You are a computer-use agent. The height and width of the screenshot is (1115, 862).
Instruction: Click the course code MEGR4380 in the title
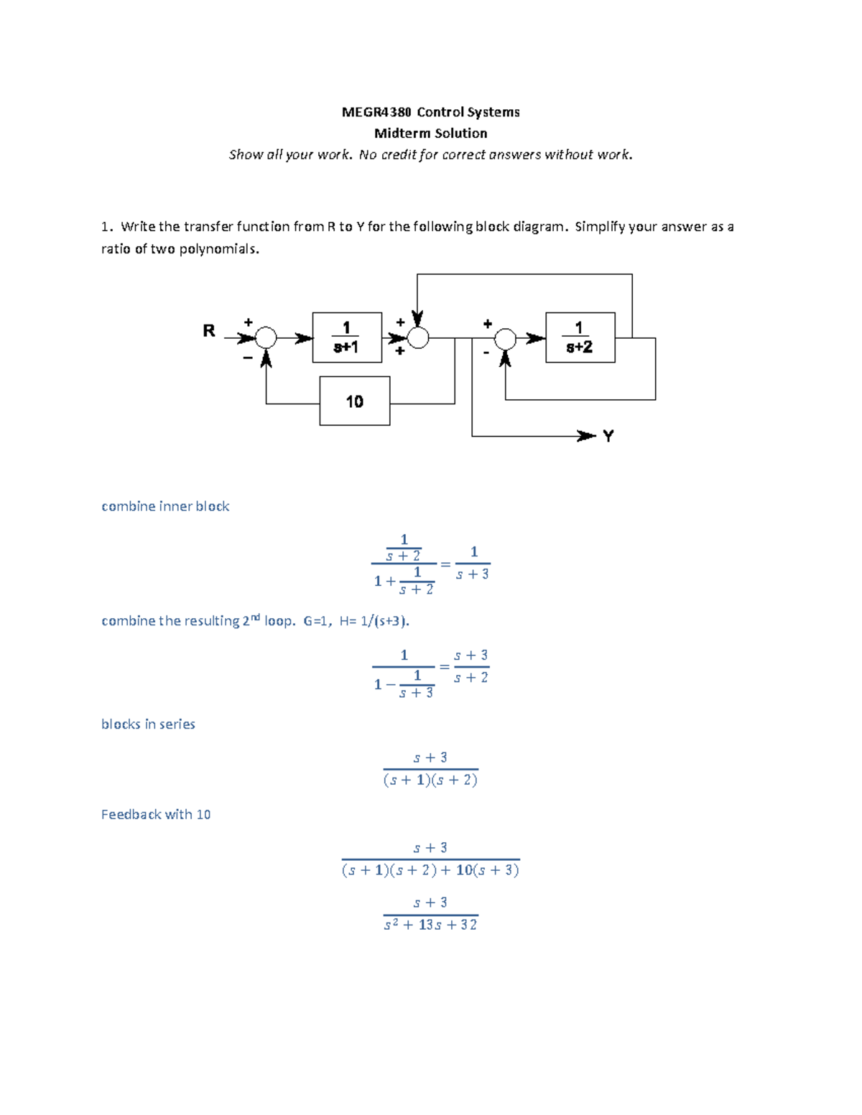376,112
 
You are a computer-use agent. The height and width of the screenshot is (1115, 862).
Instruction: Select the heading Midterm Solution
430,134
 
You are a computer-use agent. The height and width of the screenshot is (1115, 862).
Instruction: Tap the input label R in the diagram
208,331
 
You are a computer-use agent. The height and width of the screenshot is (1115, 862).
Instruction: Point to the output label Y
608,437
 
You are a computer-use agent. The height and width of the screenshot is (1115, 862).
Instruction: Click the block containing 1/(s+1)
347,337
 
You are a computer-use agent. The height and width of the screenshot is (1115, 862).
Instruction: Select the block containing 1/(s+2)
580,337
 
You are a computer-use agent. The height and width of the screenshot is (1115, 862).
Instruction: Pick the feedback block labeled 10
355,401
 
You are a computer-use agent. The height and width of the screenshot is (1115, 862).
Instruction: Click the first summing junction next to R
267,337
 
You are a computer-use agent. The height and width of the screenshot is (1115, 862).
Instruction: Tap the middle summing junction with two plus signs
418,337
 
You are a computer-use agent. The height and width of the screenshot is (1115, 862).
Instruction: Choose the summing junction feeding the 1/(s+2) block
506,337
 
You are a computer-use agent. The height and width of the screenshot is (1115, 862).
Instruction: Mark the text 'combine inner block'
165,507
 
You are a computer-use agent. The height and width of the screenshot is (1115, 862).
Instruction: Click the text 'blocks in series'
148,724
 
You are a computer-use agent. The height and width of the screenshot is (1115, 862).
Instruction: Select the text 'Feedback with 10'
156,815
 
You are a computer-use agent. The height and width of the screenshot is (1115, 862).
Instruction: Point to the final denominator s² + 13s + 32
430,925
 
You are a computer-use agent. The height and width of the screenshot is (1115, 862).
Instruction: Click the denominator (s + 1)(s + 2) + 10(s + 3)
430,871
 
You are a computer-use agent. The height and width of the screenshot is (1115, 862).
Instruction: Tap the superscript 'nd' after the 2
254,617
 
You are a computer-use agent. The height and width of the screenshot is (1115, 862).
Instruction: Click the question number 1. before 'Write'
106,227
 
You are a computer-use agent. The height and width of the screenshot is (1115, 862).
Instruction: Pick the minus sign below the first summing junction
248,357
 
